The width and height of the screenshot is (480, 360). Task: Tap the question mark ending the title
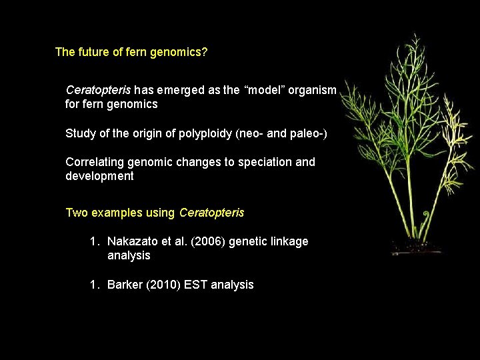click(x=205, y=52)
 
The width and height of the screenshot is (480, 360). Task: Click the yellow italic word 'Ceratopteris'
click(x=211, y=213)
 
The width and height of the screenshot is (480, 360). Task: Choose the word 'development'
click(x=99, y=177)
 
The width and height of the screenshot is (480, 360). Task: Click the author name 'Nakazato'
click(x=131, y=241)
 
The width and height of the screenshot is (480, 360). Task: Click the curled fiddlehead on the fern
click(x=409, y=217)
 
